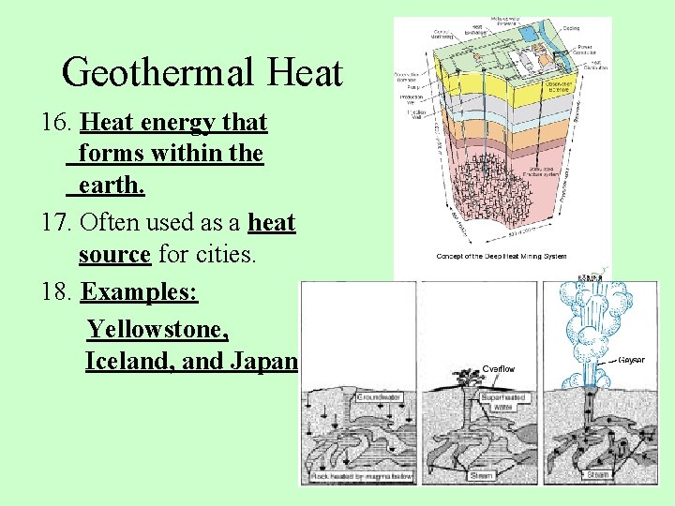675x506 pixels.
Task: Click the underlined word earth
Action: coord(112,185)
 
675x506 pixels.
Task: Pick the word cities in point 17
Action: coord(224,254)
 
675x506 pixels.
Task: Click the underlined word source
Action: coord(114,254)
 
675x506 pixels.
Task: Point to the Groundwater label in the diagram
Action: coord(381,397)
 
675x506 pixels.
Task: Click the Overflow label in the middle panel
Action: coord(499,369)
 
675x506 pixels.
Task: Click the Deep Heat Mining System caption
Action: coord(502,257)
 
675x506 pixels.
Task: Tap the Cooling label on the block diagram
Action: coord(572,28)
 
